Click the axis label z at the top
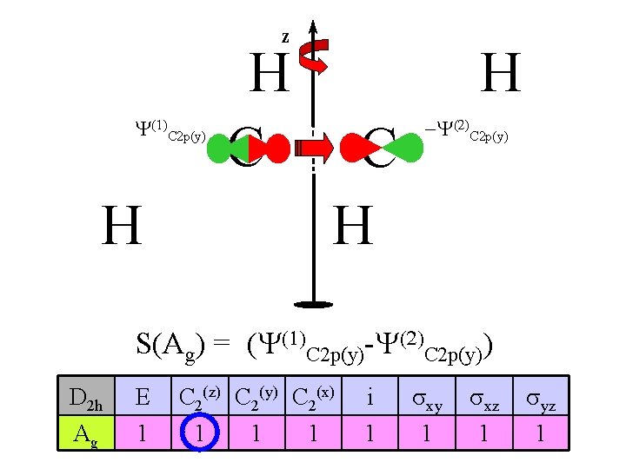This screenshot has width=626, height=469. pyautogui.click(x=284, y=37)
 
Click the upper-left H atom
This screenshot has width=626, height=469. pyautogui.click(x=269, y=74)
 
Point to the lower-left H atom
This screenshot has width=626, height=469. pyautogui.click(x=123, y=225)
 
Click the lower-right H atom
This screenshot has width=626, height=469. pyautogui.click(x=354, y=225)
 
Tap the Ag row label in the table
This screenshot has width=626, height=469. pyautogui.click(x=85, y=433)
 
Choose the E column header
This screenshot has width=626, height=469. pyautogui.click(x=143, y=398)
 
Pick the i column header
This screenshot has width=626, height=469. pyautogui.click(x=370, y=398)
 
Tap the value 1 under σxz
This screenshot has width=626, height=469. pyautogui.click(x=483, y=433)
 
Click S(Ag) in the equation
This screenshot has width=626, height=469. pyautogui.click(x=170, y=344)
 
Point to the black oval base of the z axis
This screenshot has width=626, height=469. pyautogui.click(x=313, y=304)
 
